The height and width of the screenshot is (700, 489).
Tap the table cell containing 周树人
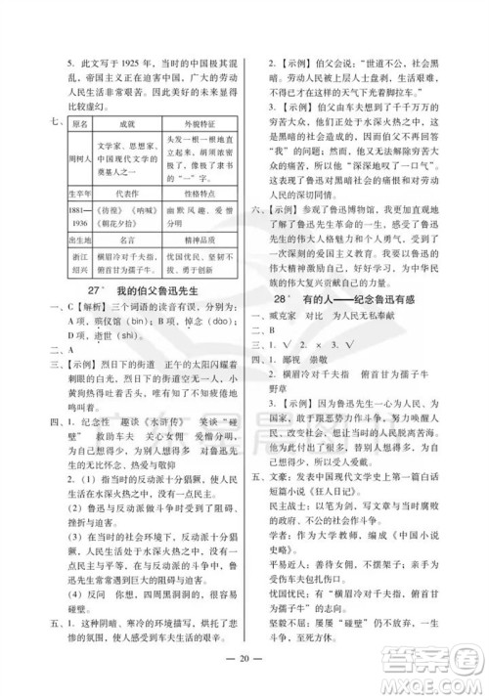[x=80, y=159]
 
